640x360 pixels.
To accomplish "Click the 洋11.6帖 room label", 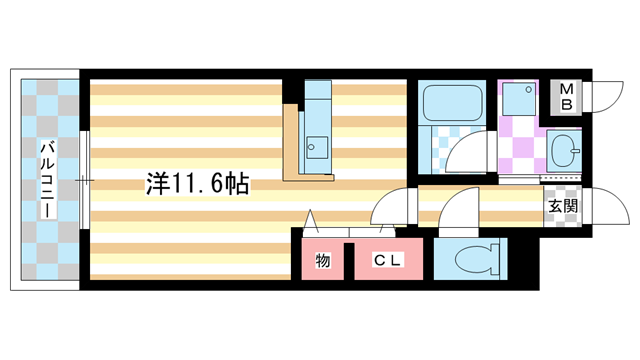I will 197,184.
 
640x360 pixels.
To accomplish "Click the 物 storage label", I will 323,261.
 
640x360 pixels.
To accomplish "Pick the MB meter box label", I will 566,95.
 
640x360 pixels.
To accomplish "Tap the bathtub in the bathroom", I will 452,102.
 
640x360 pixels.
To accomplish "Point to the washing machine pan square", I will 518,98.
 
